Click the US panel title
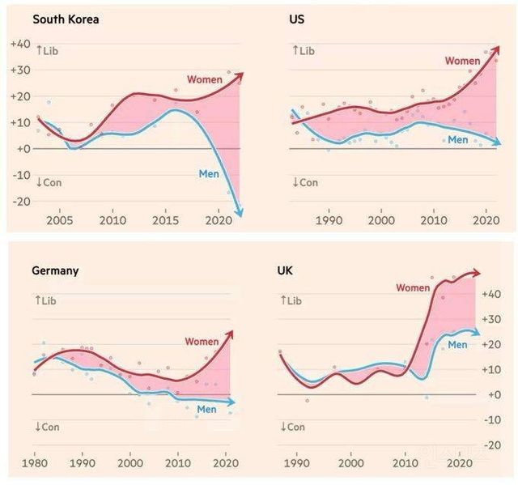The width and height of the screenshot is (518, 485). coord(297,18)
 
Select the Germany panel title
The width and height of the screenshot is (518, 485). coord(54,271)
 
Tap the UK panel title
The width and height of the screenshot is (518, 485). coord(286,271)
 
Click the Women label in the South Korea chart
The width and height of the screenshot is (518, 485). coord(205,79)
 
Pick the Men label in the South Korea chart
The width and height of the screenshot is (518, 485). coord(210,172)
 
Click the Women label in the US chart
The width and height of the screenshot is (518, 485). coord(462,61)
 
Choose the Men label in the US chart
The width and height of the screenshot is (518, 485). coord(458,140)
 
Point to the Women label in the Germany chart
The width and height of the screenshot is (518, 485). coord(202,342)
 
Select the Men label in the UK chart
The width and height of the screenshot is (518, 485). coord(458,345)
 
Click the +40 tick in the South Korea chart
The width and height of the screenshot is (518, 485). coord(20,44)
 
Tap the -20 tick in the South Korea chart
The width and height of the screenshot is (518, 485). coord(20,202)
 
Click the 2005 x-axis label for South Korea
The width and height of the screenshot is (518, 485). coord(59,220)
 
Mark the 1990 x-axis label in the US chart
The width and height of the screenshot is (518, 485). coord(329,220)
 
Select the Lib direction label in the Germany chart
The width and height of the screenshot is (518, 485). coord(47,300)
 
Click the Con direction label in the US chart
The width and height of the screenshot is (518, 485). coord(305,182)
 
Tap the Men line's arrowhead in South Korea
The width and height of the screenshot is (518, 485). coord(239,213)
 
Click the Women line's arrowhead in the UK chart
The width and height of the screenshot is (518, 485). coord(477,273)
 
